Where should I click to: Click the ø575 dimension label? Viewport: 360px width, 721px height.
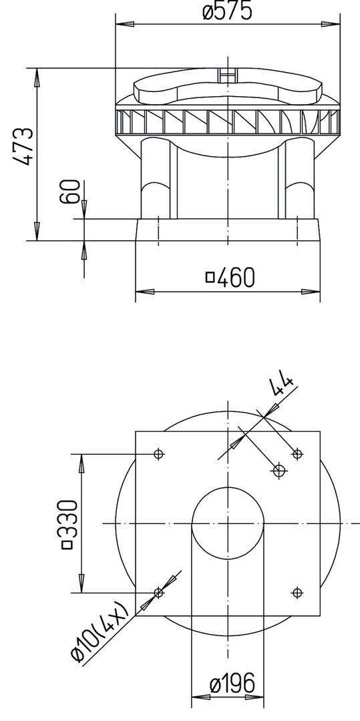(227, 11)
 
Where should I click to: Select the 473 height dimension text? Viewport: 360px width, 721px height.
(23, 146)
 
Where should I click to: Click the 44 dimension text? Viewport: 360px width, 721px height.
(281, 385)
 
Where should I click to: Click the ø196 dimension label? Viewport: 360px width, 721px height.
(232, 684)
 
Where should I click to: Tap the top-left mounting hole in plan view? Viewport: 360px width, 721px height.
(158, 455)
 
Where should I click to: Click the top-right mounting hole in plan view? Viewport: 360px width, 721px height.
(297, 455)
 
